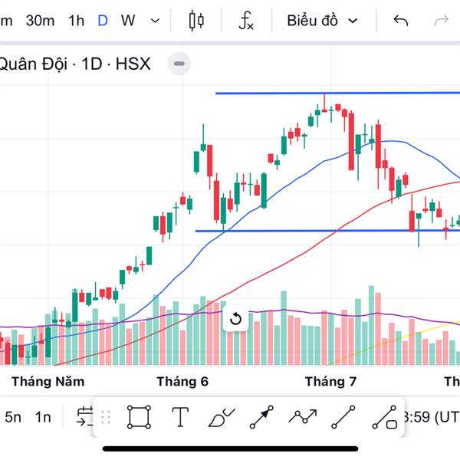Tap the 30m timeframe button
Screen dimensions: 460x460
click(39, 21)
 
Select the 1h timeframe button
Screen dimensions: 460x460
click(76, 21)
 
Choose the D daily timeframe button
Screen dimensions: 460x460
click(103, 21)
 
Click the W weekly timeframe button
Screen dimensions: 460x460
click(128, 21)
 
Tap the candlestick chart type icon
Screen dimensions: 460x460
click(196, 21)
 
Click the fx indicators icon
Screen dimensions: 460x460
click(246, 21)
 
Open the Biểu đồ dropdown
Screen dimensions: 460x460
click(322, 21)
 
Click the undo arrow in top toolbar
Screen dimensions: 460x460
click(400, 21)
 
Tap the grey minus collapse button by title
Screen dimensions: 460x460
click(179, 64)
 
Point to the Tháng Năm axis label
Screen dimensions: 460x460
click(48, 381)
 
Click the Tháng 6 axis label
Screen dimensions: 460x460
click(182, 381)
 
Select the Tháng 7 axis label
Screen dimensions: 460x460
click(331, 381)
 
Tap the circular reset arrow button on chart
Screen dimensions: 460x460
click(236, 319)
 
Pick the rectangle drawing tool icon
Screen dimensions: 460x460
click(139, 417)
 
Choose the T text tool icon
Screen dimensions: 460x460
click(180, 417)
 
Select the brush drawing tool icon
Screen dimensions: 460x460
click(222, 418)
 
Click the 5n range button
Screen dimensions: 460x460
click(13, 417)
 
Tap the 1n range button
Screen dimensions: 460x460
click(43, 417)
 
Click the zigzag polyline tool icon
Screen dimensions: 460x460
click(302, 417)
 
